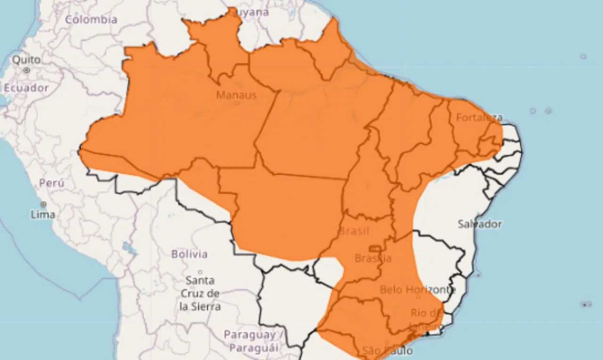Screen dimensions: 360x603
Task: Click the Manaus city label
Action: point(236,95)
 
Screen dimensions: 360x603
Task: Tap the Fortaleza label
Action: point(479,117)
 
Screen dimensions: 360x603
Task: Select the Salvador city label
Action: point(480,224)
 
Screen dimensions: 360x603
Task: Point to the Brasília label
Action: point(373,258)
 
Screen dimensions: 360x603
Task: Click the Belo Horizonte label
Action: point(417,289)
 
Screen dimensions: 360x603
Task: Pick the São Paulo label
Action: point(388,351)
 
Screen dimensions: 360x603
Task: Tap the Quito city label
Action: point(26,60)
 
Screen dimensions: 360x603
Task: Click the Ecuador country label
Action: point(26,88)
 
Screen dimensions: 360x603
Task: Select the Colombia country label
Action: point(91,19)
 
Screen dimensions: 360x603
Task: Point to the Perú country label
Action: point(52,183)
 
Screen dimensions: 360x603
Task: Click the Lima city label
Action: point(43,214)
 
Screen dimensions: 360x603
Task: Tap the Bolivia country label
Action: point(189,254)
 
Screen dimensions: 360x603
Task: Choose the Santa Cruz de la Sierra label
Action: point(200,293)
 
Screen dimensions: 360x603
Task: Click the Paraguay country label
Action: point(250,335)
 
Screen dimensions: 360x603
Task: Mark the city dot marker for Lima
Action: point(43,205)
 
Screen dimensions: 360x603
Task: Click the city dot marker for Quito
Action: point(27,70)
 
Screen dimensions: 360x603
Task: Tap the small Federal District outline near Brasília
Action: point(375,248)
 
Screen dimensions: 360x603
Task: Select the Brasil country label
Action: point(354,231)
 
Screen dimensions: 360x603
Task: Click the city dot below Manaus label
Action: point(237,103)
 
